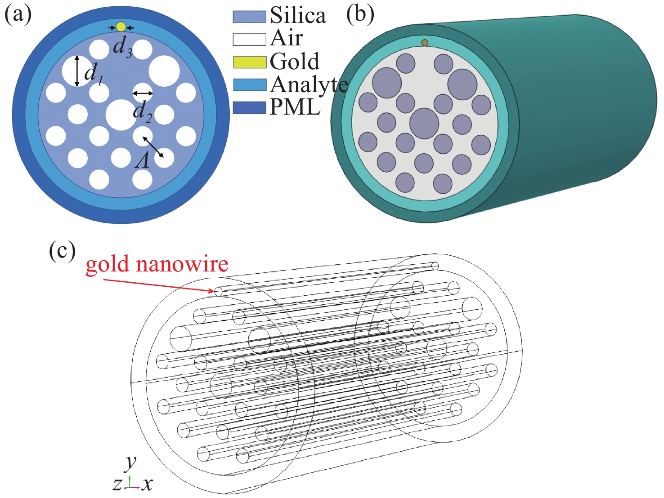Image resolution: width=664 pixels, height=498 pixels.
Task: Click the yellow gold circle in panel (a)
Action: coord(121,27)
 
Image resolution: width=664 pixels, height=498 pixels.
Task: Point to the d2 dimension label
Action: coord(142,112)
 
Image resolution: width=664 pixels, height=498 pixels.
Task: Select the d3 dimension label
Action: coord(122,49)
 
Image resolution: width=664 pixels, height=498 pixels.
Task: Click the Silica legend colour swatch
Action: coord(249,17)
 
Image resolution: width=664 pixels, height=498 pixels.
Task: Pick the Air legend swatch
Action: coord(249,39)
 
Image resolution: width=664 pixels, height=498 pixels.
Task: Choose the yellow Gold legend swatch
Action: coord(249,62)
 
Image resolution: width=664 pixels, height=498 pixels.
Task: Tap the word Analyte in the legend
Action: coord(309,85)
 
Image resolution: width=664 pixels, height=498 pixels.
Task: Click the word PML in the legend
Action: coord(295,107)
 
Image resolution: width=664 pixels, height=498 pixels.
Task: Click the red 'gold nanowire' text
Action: coord(157,264)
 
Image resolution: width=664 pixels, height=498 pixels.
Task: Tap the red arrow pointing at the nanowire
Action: coord(159,285)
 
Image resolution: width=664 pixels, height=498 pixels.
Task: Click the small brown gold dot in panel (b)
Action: coord(425,43)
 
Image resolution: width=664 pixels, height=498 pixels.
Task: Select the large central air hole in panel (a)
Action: coord(121,115)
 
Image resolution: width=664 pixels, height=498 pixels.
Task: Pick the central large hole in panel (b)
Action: coord(424,123)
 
